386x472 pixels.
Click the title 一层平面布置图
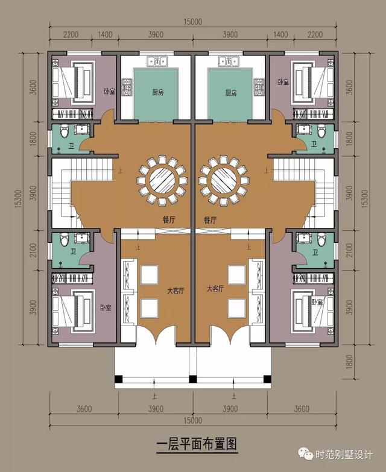(197, 444)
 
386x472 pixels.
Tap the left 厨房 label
(158, 92)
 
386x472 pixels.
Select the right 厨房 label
(231, 92)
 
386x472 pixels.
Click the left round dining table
(162, 181)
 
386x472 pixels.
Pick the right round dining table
(224, 181)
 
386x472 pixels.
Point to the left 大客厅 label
(176, 291)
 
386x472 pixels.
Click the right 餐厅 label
(210, 220)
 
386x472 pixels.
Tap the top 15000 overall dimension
(193, 22)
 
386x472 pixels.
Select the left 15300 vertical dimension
(18, 199)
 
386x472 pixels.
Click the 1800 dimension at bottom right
(349, 362)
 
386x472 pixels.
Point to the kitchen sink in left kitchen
(157, 61)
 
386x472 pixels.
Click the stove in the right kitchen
(259, 87)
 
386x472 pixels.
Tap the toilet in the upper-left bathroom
(64, 131)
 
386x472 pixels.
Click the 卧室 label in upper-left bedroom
(109, 91)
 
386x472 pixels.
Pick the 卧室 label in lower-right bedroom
(317, 301)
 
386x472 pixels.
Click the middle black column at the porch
(193, 379)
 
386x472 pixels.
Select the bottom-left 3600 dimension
(84, 409)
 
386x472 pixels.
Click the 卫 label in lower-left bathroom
(73, 251)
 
